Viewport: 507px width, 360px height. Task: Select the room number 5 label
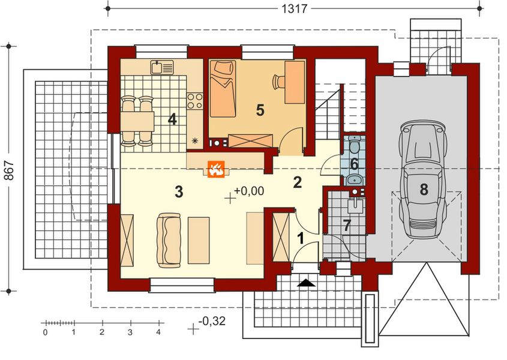point(260,110)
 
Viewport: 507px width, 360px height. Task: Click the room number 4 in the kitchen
point(173,119)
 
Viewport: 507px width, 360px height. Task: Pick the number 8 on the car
point(424,190)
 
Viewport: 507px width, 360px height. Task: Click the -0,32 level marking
point(212,322)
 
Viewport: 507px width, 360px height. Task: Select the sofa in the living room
point(169,239)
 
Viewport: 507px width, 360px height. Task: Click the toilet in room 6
point(355,146)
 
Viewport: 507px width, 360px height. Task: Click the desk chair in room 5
point(279,81)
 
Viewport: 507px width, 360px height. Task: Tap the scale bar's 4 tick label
point(158,331)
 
